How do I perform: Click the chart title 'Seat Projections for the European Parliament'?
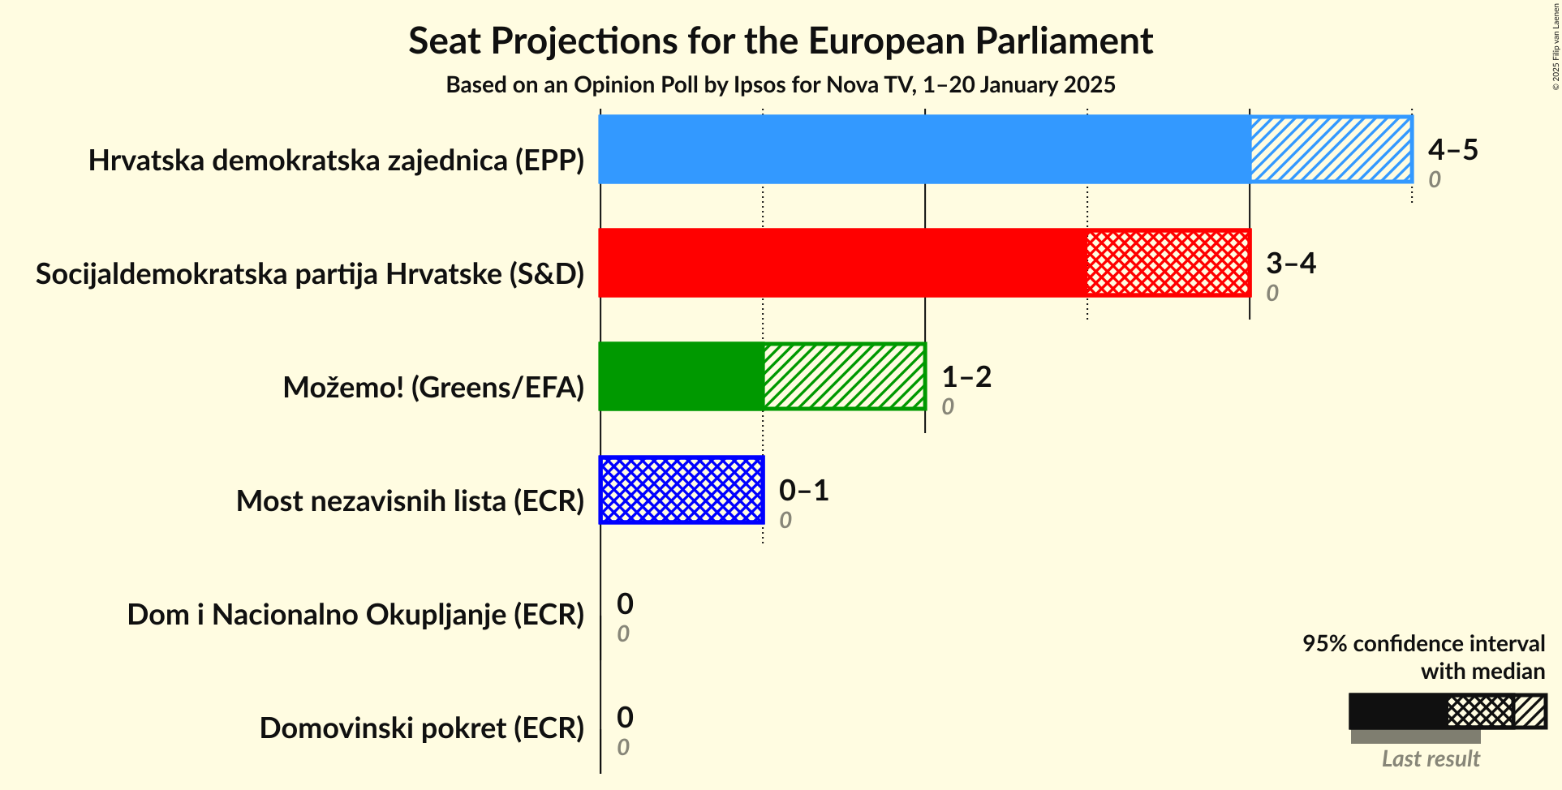pos(780,41)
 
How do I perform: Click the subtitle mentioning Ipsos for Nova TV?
pos(780,85)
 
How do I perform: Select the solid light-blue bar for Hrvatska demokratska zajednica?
pos(923,149)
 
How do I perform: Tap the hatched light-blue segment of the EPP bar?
pos(1331,149)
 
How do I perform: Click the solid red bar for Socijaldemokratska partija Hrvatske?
pos(842,263)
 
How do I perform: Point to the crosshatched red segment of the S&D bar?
pos(1168,263)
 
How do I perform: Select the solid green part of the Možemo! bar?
pos(681,376)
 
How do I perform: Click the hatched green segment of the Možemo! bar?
pos(844,376)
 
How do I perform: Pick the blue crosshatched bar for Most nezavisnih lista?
pos(682,490)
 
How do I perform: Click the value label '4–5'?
pos(1452,150)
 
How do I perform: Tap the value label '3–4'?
pos(1290,264)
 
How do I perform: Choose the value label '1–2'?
pos(966,377)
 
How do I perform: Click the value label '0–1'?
pos(803,491)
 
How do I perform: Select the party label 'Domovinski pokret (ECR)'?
pos(422,728)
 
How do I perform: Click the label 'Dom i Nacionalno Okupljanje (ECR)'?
pos(355,615)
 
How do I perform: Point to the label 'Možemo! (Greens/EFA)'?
pos(433,388)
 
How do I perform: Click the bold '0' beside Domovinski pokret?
pos(625,717)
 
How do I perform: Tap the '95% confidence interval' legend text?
pos(1423,644)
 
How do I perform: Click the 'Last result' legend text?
pos(1431,759)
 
